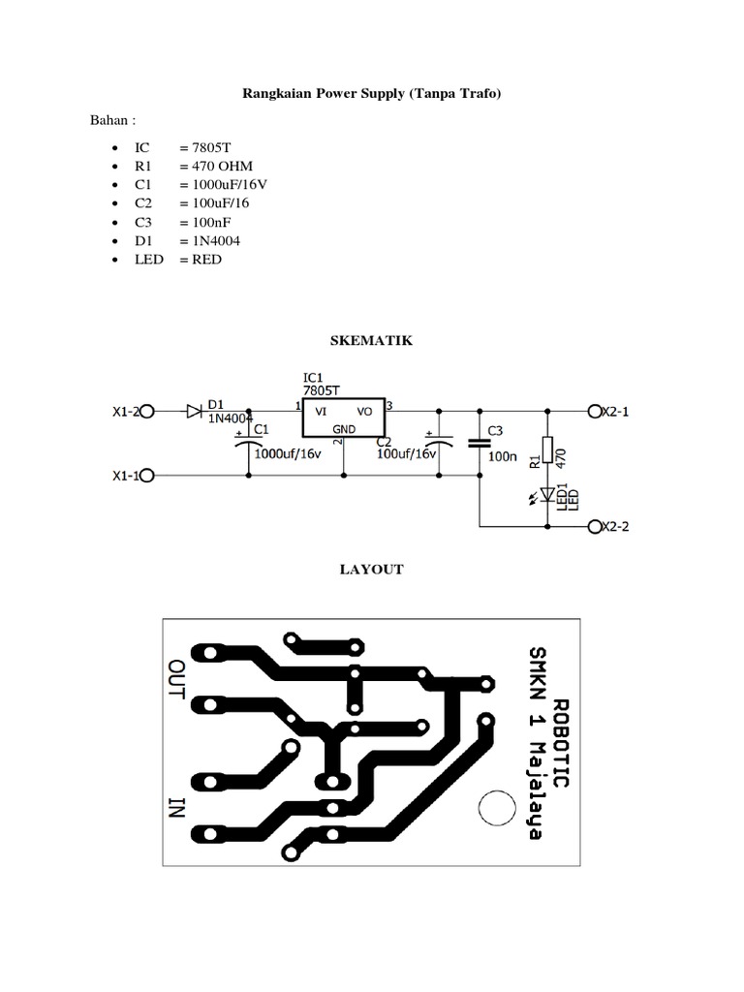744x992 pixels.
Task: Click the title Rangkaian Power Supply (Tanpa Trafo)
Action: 371,95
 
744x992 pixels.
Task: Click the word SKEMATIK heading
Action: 371,341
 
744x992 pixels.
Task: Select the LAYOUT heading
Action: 371,570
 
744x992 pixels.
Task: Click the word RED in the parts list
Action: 205,260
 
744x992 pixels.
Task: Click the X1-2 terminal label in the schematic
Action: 128,412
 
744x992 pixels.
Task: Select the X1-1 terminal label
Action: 128,476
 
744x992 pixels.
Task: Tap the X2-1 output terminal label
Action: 616,412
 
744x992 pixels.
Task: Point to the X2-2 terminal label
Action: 616,527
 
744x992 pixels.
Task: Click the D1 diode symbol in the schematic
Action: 194,412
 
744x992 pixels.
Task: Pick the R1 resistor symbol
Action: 548,449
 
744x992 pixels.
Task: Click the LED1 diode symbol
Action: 548,494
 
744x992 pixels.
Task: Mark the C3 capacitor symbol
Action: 479,443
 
